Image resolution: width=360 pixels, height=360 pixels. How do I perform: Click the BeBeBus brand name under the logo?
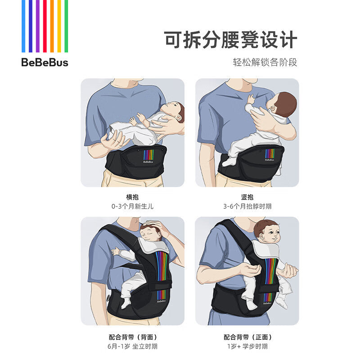click(x=45, y=63)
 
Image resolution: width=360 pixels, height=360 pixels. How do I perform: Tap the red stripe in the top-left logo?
click(x=45, y=26)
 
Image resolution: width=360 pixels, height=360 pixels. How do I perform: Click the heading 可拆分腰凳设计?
click(x=230, y=40)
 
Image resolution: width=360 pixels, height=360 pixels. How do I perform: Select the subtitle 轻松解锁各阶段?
click(x=265, y=62)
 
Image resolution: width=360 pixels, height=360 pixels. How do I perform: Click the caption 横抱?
click(x=132, y=197)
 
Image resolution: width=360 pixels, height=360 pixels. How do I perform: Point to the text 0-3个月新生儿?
click(x=132, y=207)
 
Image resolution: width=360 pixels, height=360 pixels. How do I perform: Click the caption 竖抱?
click(x=247, y=197)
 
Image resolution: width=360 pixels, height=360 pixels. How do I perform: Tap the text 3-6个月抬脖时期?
click(x=247, y=207)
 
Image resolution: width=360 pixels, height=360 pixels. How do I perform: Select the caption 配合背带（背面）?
click(x=132, y=337)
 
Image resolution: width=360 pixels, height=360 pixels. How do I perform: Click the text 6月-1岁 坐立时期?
click(x=132, y=346)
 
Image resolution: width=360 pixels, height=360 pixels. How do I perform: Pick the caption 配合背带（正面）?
click(x=247, y=337)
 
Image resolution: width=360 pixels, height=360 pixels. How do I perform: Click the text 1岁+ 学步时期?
click(x=247, y=346)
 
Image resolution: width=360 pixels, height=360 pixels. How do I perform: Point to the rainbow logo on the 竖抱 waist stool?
click(x=270, y=153)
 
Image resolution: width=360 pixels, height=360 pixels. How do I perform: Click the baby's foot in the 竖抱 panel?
click(x=227, y=162)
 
